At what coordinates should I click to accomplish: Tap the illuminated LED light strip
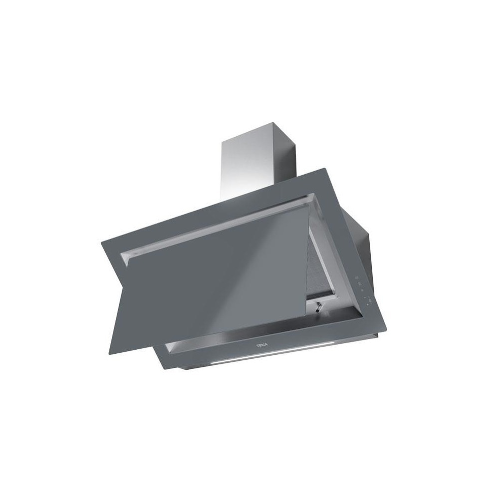273,352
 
